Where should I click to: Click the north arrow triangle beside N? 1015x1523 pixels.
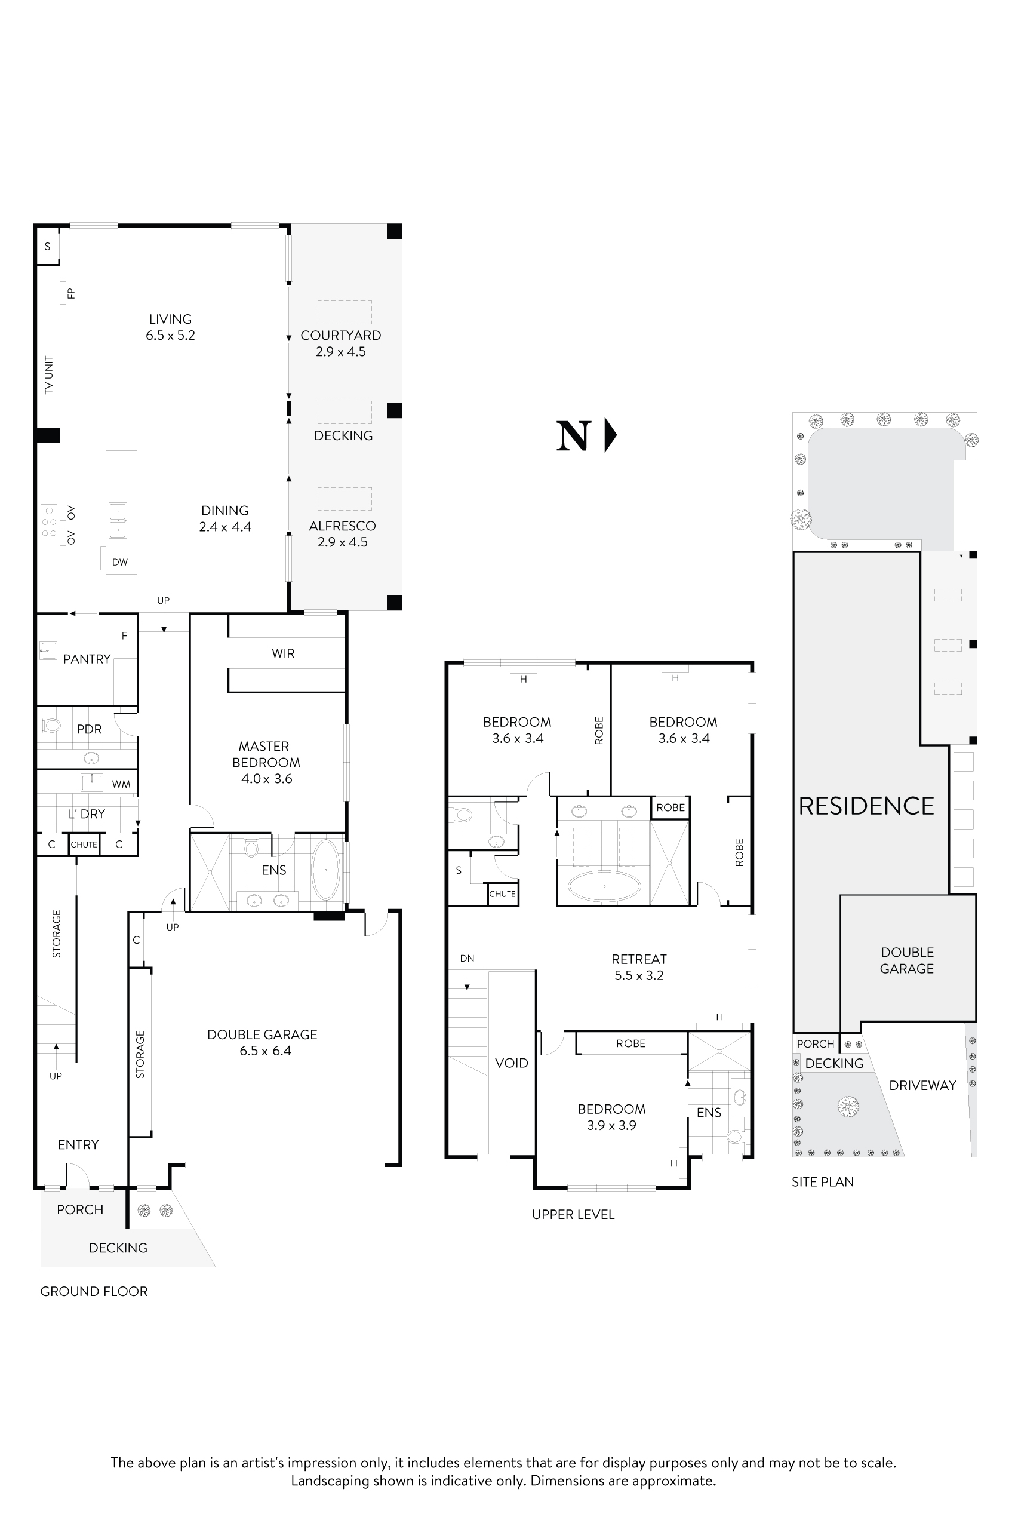pyautogui.click(x=609, y=435)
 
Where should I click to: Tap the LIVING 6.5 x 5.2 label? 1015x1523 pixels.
pyautogui.click(x=170, y=327)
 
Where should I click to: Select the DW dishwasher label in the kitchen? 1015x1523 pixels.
pyautogui.click(x=120, y=562)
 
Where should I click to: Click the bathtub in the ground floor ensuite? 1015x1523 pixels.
pyautogui.click(x=325, y=870)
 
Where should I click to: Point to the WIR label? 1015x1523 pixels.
pyautogui.click(x=283, y=653)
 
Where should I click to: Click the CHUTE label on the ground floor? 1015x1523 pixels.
pyautogui.click(x=84, y=845)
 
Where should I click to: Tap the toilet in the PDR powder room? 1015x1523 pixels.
pyautogui.click(x=51, y=726)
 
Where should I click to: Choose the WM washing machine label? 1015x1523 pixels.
pyautogui.click(x=121, y=784)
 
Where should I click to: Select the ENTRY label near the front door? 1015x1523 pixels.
pyautogui.click(x=78, y=1144)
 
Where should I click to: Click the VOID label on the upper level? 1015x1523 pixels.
pyautogui.click(x=512, y=1063)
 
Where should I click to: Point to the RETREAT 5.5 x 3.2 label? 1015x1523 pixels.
pyautogui.click(x=639, y=967)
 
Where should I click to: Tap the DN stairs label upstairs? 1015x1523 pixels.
pyautogui.click(x=467, y=958)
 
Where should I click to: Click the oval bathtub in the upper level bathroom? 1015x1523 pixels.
pyautogui.click(x=604, y=886)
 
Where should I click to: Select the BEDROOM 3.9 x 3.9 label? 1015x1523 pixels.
pyautogui.click(x=612, y=1116)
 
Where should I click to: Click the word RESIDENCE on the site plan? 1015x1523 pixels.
pyautogui.click(x=866, y=806)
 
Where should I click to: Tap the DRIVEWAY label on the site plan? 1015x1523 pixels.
pyautogui.click(x=922, y=1085)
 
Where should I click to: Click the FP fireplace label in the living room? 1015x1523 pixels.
pyautogui.click(x=71, y=293)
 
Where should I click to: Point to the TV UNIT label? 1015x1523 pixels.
pyautogui.click(x=48, y=375)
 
